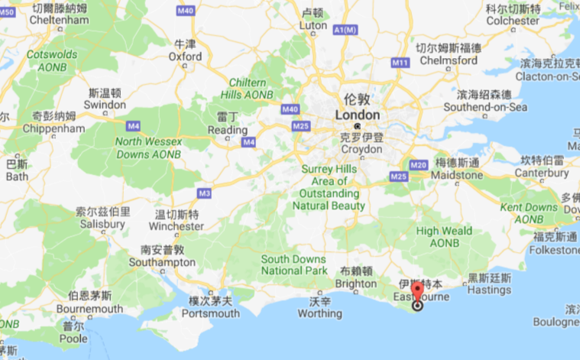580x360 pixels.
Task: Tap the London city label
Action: pos(357,115)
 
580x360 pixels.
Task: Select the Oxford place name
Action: pos(185,56)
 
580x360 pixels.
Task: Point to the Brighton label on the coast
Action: pos(356,284)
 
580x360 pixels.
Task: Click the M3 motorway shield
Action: pos(204,193)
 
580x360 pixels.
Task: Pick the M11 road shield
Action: pos(399,62)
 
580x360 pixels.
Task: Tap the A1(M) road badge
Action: pos(345,30)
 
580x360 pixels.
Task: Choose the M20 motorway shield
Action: pos(417,165)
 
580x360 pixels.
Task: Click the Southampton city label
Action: pos(163,261)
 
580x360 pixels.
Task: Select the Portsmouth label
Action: pos(210,313)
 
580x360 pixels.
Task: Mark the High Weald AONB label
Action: pos(444,237)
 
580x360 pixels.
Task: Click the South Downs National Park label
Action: pos(293,264)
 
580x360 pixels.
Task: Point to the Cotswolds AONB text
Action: pos(52,61)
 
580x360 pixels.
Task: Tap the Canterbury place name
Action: pos(541,174)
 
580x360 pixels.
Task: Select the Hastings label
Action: pos(489,290)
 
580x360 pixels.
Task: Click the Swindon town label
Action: pos(105,104)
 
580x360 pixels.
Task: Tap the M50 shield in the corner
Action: pos(7,11)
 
